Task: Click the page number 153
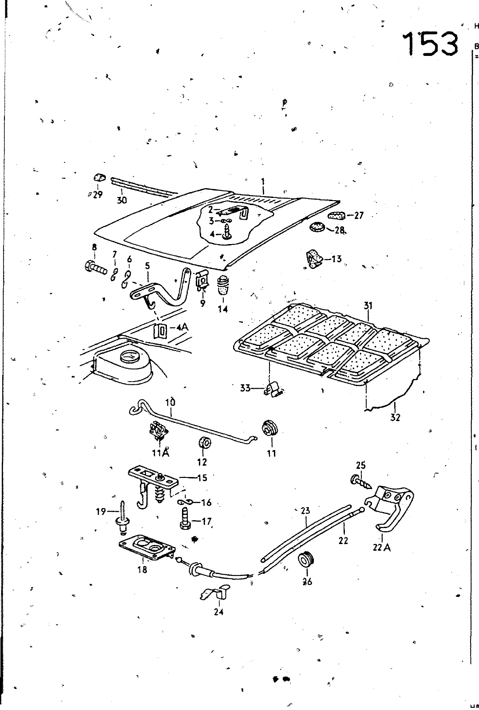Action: (430, 43)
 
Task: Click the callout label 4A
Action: (182, 327)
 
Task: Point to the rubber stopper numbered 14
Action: (222, 285)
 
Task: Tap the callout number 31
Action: (368, 306)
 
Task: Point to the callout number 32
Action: (395, 417)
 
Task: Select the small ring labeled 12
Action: (205, 443)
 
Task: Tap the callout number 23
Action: (305, 511)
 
